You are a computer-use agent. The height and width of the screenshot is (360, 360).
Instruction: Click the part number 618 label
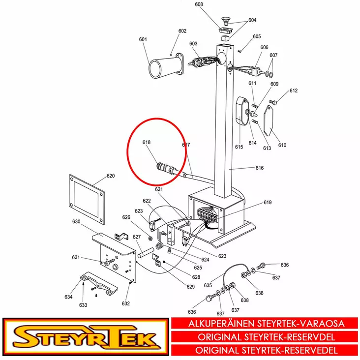coord(147,142)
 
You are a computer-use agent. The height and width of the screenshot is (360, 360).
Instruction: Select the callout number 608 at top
coord(199,4)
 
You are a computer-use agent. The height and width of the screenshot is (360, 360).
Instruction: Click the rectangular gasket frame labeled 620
coord(87,199)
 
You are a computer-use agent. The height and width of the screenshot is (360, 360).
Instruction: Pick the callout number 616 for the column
coord(260,168)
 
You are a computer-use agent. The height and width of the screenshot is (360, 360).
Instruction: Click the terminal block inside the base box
coord(207,215)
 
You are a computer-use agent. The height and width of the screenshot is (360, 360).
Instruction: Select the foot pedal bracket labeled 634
coord(99,283)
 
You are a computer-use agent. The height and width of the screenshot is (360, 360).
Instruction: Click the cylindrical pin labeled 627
coord(146,252)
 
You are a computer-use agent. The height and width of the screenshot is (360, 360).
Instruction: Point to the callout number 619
coord(268,202)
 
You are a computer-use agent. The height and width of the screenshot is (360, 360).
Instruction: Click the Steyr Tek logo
coord(86,336)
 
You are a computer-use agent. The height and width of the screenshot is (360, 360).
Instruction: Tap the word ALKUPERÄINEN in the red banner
coord(221,324)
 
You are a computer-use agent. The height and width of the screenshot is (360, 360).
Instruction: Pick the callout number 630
coord(76,221)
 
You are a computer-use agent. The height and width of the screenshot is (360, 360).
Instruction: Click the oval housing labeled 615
coord(242,111)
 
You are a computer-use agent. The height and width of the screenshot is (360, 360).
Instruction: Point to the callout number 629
coord(190,287)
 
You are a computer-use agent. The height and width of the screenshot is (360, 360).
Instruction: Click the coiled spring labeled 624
coord(159,246)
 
